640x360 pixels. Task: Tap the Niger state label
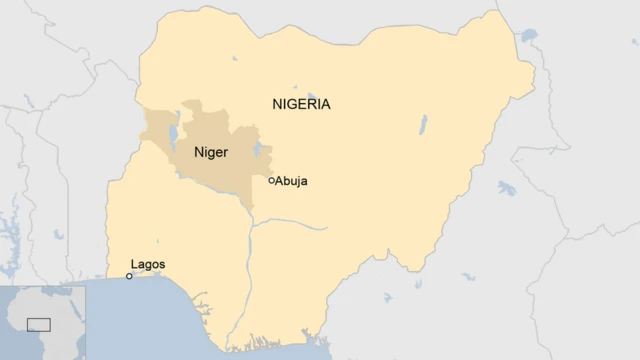tap(211, 153)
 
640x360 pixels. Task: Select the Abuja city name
tap(292, 181)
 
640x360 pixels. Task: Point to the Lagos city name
tap(147, 265)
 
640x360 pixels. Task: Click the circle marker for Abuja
tap(271, 181)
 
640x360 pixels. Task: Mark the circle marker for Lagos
tap(129, 276)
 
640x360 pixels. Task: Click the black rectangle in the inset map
tap(39, 324)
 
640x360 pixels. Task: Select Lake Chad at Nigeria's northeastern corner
tap(527, 39)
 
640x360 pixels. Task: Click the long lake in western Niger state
tap(175, 129)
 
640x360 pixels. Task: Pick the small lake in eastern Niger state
tap(258, 151)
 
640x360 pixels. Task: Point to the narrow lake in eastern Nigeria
tap(423, 125)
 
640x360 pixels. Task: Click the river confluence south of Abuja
tap(252, 222)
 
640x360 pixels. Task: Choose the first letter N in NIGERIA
tap(277, 104)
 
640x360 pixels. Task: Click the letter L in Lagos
tap(134, 265)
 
